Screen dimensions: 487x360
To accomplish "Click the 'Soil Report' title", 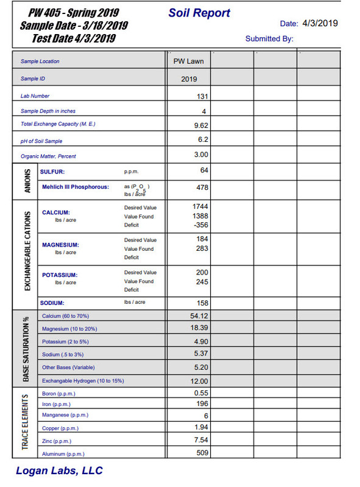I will (199, 13).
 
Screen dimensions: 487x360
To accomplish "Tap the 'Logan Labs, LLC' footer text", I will (59, 471).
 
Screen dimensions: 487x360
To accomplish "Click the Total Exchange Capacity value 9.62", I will (200, 125).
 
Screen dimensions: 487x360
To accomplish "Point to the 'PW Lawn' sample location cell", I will (189, 61).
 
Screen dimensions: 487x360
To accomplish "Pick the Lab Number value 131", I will (202, 96).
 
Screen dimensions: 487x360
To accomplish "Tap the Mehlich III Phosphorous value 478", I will (202, 187).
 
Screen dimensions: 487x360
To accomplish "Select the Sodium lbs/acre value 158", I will (202, 303).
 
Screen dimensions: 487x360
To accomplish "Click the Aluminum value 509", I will (202, 453).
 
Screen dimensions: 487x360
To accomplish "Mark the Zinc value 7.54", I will (200, 440).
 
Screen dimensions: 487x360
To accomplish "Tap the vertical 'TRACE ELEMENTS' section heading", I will (25, 422).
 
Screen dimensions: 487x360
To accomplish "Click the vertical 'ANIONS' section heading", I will (25, 180).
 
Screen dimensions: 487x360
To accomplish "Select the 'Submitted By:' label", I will (269, 38).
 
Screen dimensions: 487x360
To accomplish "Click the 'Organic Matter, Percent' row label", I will (48, 156).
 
